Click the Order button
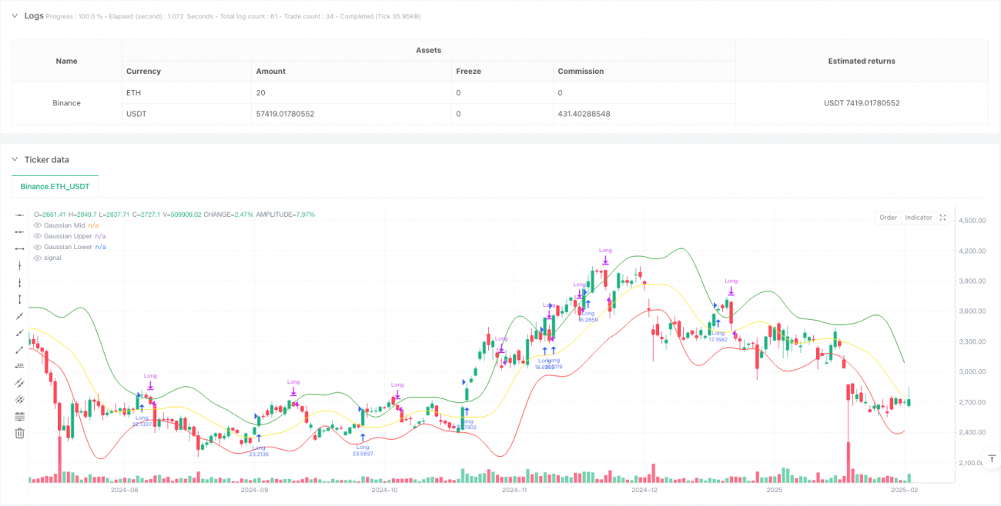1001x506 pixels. (888, 218)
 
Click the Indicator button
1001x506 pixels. (918, 218)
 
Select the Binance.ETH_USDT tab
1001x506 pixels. (55, 186)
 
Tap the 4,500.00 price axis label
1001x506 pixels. (973, 221)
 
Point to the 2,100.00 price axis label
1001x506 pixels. (973, 463)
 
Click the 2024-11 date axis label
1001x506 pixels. (513, 489)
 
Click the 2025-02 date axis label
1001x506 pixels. (904, 489)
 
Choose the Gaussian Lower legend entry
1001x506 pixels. (68, 247)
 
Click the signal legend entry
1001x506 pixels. (52, 258)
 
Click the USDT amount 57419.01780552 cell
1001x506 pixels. (285, 114)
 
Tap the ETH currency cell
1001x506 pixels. (134, 92)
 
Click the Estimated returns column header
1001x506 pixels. (861, 61)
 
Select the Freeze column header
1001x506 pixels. (468, 71)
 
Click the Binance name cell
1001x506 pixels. (67, 103)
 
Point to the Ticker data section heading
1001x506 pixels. (46, 159)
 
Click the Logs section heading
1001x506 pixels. (34, 15)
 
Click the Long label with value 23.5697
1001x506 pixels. (363, 451)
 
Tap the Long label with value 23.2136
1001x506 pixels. (258, 451)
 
